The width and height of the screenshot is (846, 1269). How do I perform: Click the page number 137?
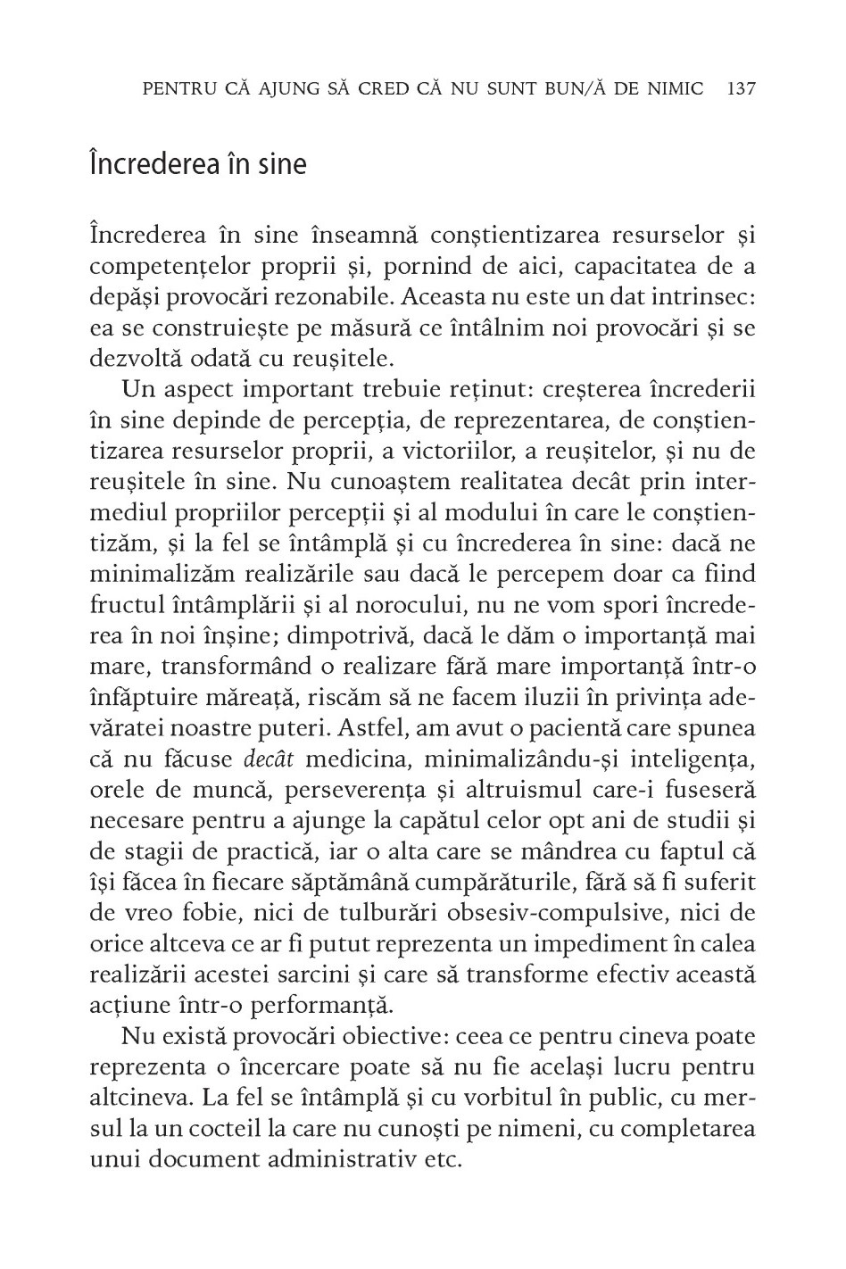[x=742, y=88]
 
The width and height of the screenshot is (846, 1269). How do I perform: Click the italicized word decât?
[x=264, y=759]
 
